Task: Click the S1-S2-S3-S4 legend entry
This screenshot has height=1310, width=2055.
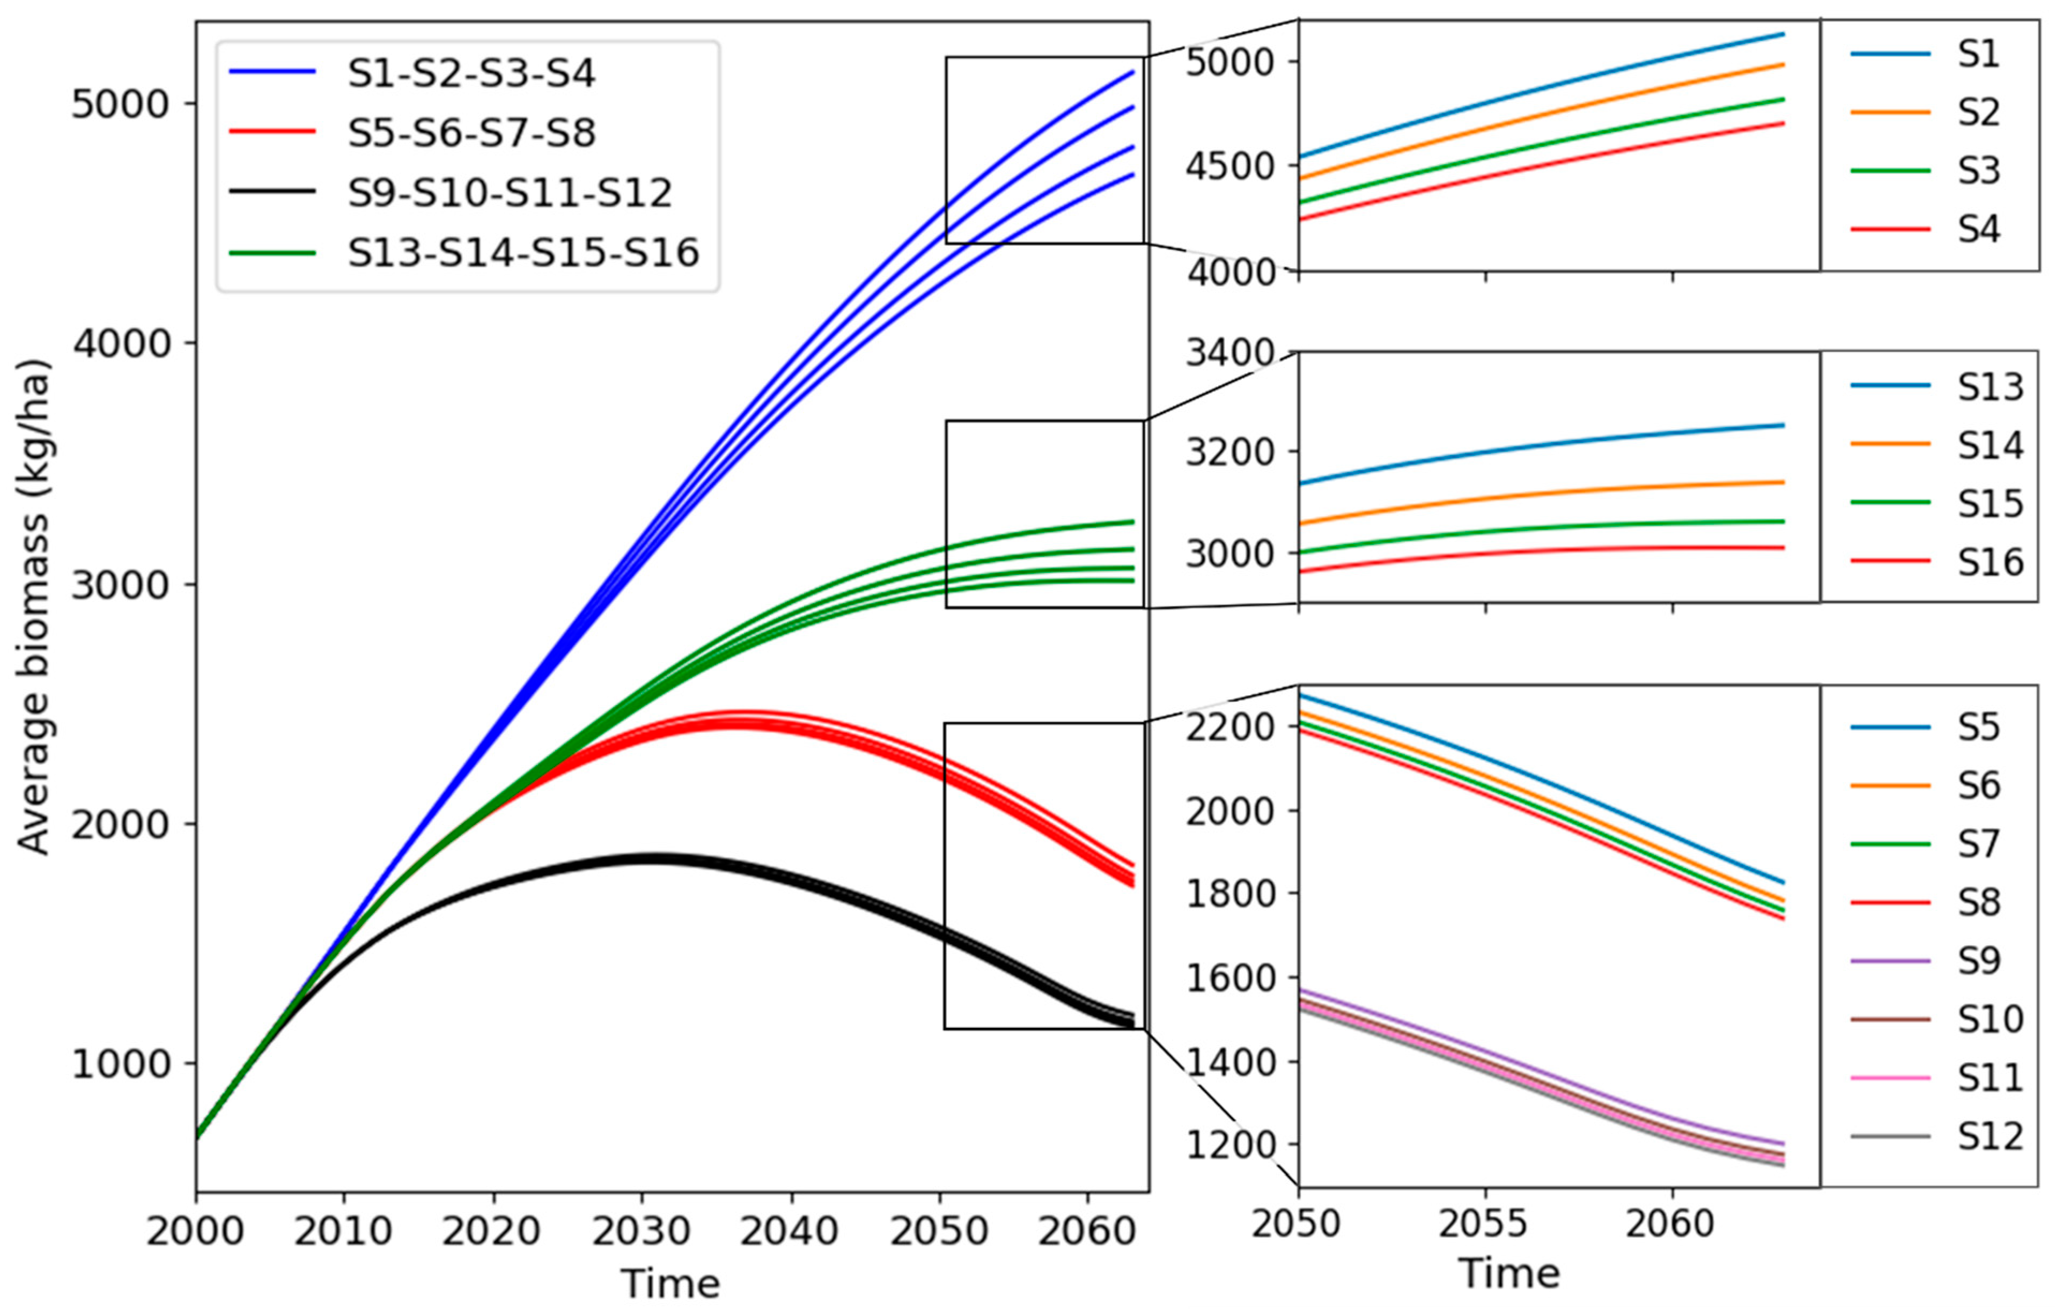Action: [471, 73]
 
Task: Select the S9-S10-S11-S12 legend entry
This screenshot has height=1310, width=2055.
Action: [510, 193]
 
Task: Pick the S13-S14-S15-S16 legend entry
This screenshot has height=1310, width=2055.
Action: [523, 253]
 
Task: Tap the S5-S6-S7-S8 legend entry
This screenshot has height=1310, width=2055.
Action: [471, 133]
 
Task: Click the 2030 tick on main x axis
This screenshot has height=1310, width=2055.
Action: [642, 1232]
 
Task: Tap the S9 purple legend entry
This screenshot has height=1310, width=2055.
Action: [1978, 961]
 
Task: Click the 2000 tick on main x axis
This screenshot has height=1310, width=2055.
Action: [195, 1232]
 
